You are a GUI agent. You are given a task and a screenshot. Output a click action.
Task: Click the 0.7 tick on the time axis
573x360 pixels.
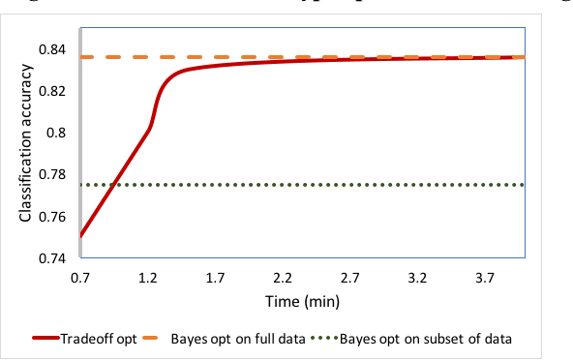coord(80,278)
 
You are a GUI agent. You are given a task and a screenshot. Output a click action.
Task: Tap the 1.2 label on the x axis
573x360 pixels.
coord(148,278)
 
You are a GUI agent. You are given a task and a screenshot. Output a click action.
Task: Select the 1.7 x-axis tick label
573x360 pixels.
coord(215,278)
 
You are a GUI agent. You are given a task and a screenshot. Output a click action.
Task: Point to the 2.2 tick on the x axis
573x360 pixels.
coord(283,278)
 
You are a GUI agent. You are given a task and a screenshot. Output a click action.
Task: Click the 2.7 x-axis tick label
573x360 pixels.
coord(350,278)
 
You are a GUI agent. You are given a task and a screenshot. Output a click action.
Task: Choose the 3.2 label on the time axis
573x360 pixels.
coord(418,278)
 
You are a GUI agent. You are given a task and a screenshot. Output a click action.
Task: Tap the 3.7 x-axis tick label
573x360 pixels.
coord(486,278)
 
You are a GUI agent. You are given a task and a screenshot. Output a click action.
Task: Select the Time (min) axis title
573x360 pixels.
coord(302,302)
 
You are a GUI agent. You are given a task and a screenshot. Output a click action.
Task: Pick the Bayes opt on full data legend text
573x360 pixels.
coord(239,339)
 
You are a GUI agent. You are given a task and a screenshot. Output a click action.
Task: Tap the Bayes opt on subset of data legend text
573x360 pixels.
coord(437,339)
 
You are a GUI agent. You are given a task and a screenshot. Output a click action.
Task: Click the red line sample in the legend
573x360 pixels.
coord(45,339)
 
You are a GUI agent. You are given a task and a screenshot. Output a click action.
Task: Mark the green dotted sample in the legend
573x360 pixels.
coord(338,339)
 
